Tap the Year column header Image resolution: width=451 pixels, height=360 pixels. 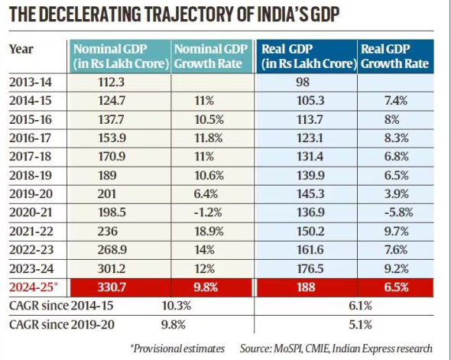(21, 49)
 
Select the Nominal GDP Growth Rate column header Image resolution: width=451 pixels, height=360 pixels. (211, 57)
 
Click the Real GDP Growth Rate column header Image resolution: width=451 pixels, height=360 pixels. (394, 57)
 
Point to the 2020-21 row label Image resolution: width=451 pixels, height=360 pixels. (31, 212)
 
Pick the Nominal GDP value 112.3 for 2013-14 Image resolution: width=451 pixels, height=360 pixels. (112, 83)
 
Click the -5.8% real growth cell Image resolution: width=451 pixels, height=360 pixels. (399, 212)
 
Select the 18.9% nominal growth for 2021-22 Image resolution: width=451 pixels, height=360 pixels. (209, 231)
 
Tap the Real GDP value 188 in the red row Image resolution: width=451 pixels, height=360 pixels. (306, 287)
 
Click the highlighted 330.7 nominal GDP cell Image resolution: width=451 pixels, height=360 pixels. (112, 287)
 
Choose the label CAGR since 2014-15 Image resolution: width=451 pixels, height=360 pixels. (61, 306)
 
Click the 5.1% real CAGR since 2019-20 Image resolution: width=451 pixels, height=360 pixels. (360, 325)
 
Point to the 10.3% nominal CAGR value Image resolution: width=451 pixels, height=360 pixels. (177, 306)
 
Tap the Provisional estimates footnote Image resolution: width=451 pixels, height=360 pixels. (177, 349)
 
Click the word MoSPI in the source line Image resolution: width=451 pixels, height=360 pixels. (287, 349)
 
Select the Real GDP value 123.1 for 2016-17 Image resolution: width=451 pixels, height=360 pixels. (310, 138)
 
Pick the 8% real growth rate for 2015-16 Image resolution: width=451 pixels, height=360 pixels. (391, 119)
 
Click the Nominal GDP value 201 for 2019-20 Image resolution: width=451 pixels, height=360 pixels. (107, 194)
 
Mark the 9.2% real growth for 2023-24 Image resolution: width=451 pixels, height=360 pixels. (397, 268)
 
